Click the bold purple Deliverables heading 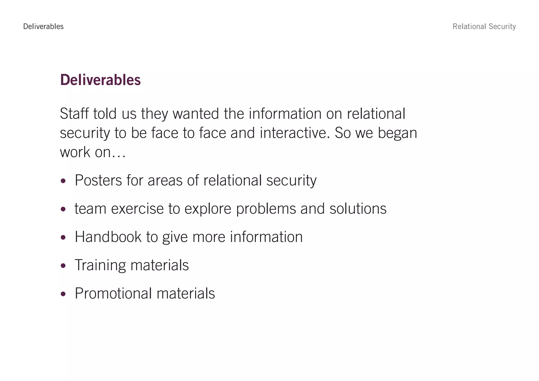coord(100,80)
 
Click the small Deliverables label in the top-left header coord(43,27)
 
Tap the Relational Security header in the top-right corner coord(484,27)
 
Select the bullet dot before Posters coord(63,181)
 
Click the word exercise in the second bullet coord(137,209)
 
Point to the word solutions coord(358,209)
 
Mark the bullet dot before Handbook coord(63,238)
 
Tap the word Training coord(100,265)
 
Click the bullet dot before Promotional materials coord(63,294)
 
